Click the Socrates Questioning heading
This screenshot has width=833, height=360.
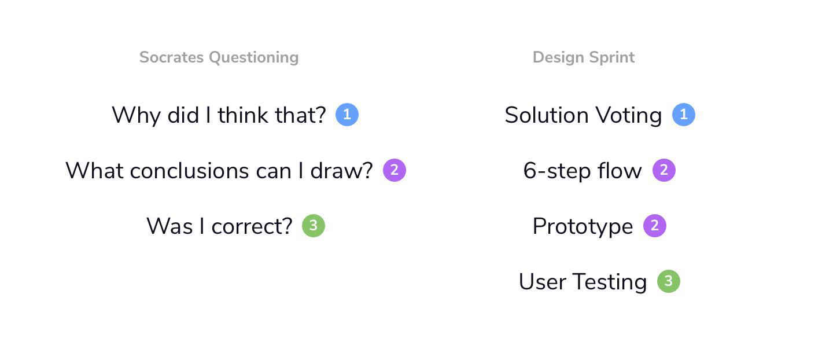pyautogui.click(x=219, y=58)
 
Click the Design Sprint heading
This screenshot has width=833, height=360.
pyautogui.click(x=584, y=58)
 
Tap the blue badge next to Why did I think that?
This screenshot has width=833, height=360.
pyautogui.click(x=347, y=115)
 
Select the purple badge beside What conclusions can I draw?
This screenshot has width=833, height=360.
pyautogui.click(x=395, y=170)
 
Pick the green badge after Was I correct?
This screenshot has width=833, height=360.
pyautogui.click(x=314, y=226)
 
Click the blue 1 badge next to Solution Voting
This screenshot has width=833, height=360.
pyautogui.click(x=684, y=115)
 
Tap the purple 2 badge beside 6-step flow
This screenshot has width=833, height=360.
pyautogui.click(x=664, y=170)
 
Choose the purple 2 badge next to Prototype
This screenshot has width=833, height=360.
pyautogui.click(x=655, y=226)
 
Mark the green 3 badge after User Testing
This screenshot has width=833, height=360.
pyautogui.click(x=669, y=281)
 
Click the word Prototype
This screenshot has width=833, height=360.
pyautogui.click(x=583, y=227)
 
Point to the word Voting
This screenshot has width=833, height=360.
pyautogui.click(x=629, y=116)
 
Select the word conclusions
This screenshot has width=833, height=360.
pyautogui.click(x=189, y=171)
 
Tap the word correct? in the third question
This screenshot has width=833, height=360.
pyautogui.click(x=252, y=226)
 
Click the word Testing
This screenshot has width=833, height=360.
pyautogui.click(x=610, y=282)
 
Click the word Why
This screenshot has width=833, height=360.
pyautogui.click(x=136, y=116)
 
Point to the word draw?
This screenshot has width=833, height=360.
pyautogui.click(x=341, y=171)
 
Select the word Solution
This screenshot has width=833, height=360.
pyautogui.click(x=547, y=115)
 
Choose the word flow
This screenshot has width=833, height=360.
pyautogui.click(x=620, y=171)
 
